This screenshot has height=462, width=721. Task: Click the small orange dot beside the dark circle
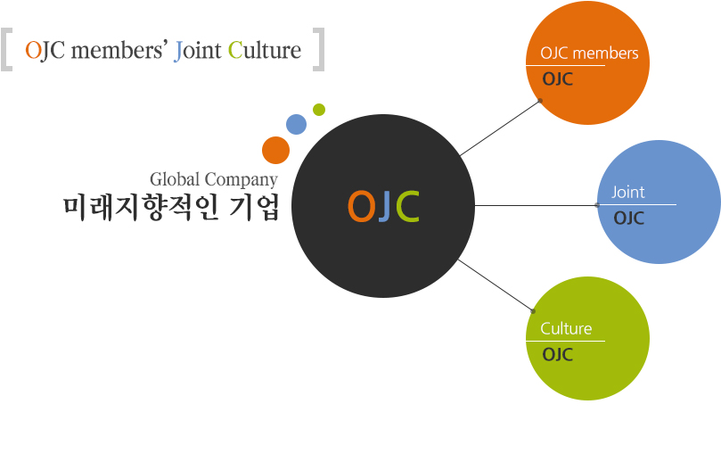[x=275, y=150]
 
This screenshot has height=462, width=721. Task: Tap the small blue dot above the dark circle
[x=296, y=124]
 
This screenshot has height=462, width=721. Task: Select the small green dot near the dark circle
[x=319, y=110]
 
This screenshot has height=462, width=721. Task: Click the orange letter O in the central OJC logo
[x=361, y=206]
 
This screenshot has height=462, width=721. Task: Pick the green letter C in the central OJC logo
[x=408, y=206]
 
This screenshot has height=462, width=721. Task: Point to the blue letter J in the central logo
[x=385, y=206]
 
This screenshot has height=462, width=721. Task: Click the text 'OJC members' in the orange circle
[x=589, y=54]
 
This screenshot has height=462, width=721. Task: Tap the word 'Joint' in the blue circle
[x=628, y=192]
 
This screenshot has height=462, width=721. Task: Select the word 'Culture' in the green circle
[x=566, y=328]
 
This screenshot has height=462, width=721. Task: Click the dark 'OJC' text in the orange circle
[x=557, y=79]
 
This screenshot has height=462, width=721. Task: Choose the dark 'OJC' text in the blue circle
[x=628, y=219]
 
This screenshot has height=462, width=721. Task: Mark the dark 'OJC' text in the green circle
[x=557, y=355]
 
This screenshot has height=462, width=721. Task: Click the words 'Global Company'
[x=214, y=179]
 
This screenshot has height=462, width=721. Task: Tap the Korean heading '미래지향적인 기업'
[x=171, y=208]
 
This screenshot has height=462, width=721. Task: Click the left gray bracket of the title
[x=6, y=50]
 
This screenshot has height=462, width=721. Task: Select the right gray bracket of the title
[x=319, y=50]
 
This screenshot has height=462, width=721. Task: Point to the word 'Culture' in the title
[x=265, y=50]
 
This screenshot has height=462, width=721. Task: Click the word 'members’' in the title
[x=119, y=50]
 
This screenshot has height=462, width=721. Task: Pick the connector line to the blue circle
[x=536, y=205]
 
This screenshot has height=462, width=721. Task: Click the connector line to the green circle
[x=496, y=285]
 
